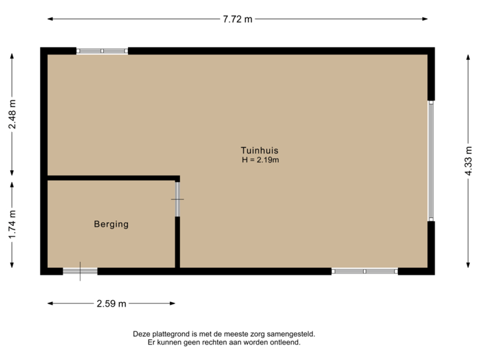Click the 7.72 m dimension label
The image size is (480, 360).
pos(238,19)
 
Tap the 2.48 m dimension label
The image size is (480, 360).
pos(11,115)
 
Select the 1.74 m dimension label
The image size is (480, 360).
pos(11,226)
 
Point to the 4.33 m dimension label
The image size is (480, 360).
pos(468,161)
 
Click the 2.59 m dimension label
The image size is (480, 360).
pos(111,304)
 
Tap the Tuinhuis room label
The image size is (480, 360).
pos(259,150)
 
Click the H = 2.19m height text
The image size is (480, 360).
pos(259,160)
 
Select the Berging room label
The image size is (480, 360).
pos(111,225)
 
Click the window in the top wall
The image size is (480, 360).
pos(102,51)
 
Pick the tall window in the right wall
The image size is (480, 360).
pos(431,161)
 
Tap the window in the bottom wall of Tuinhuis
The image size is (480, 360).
pos(365,271)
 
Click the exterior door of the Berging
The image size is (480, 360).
pos(80,271)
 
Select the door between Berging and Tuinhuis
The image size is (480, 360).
pos(177,199)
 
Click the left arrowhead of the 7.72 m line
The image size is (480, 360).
pos(50,19)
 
